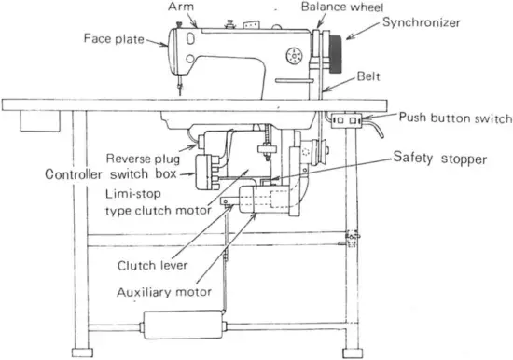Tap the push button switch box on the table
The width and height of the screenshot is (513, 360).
click(346, 119)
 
